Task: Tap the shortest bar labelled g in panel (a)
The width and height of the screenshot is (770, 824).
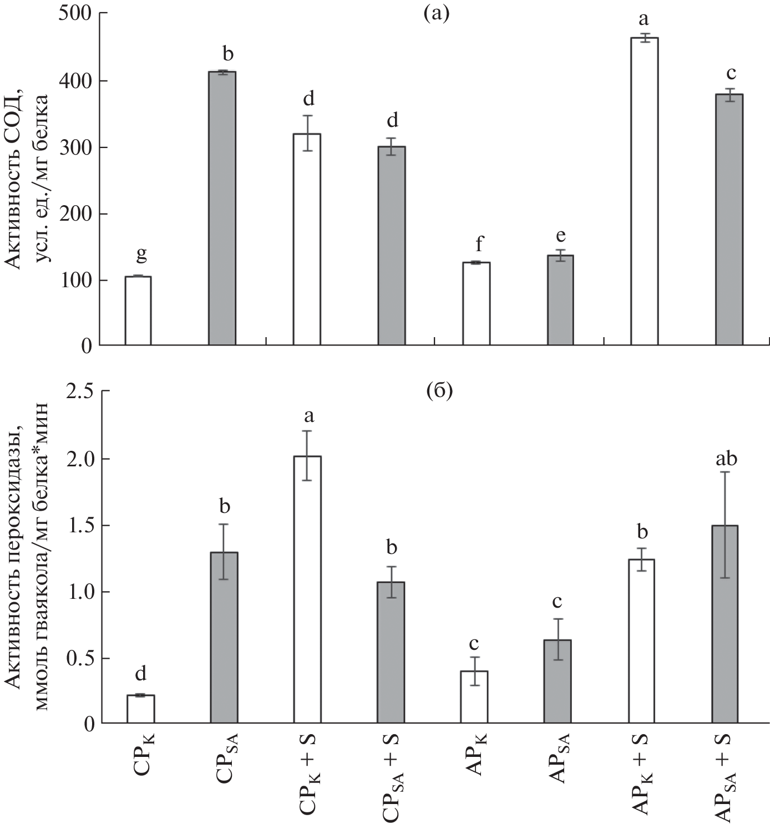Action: [138, 311]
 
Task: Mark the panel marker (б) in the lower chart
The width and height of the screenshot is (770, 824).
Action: [439, 391]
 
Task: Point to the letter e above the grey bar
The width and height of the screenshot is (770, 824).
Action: [561, 236]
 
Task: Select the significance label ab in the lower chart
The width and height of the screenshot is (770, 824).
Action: [726, 459]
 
